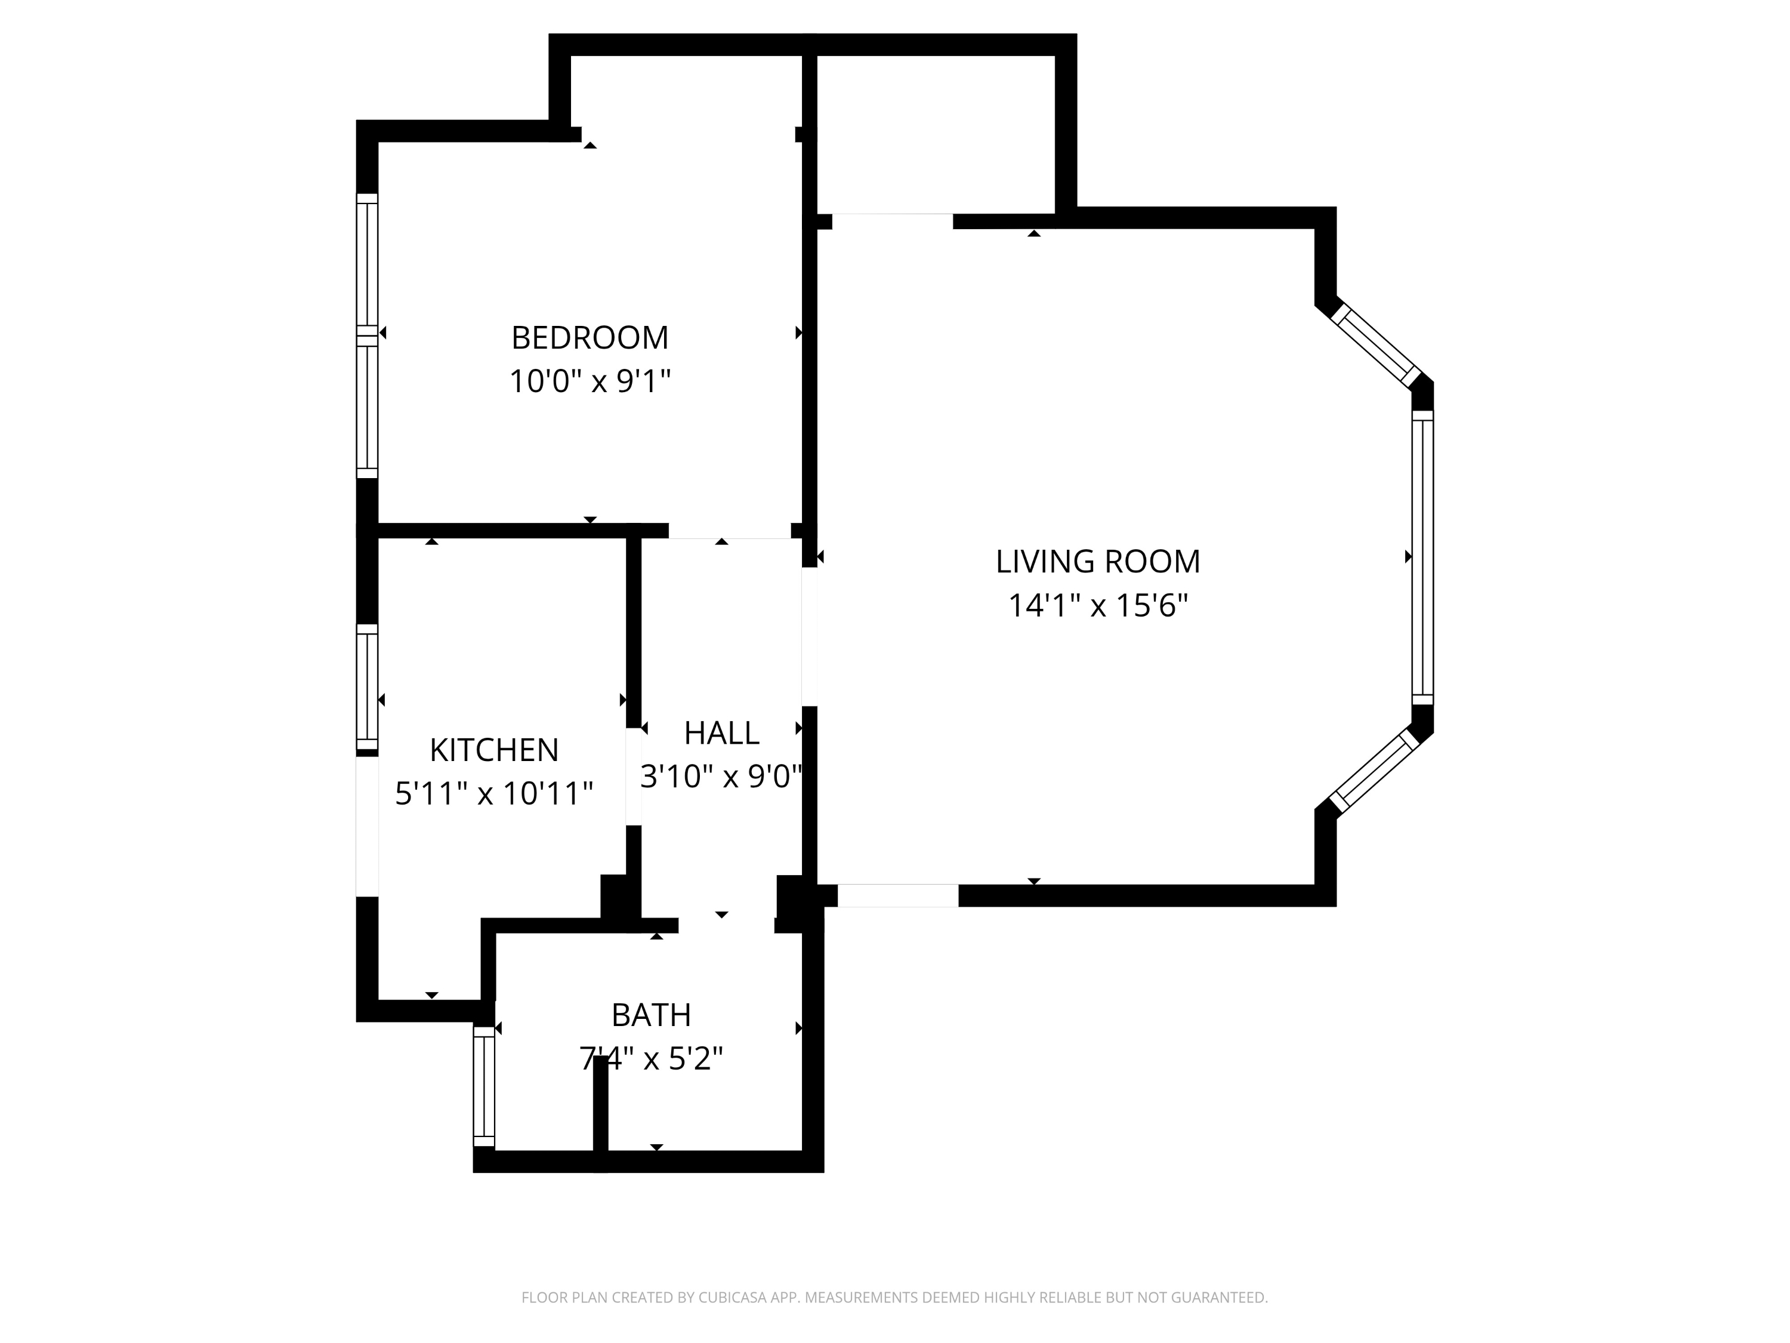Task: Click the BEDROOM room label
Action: (x=590, y=338)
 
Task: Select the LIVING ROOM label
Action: (x=1097, y=562)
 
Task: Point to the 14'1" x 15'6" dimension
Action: (x=1097, y=605)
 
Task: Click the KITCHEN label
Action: (x=493, y=750)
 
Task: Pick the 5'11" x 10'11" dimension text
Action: (x=493, y=793)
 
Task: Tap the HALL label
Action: (x=721, y=734)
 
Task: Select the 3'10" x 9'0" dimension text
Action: (x=720, y=777)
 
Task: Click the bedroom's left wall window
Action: (x=368, y=335)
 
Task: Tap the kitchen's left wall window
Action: (x=368, y=688)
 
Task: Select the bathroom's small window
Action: (x=484, y=1086)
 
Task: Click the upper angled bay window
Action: (x=1376, y=344)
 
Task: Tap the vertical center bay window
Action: (x=1422, y=557)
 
